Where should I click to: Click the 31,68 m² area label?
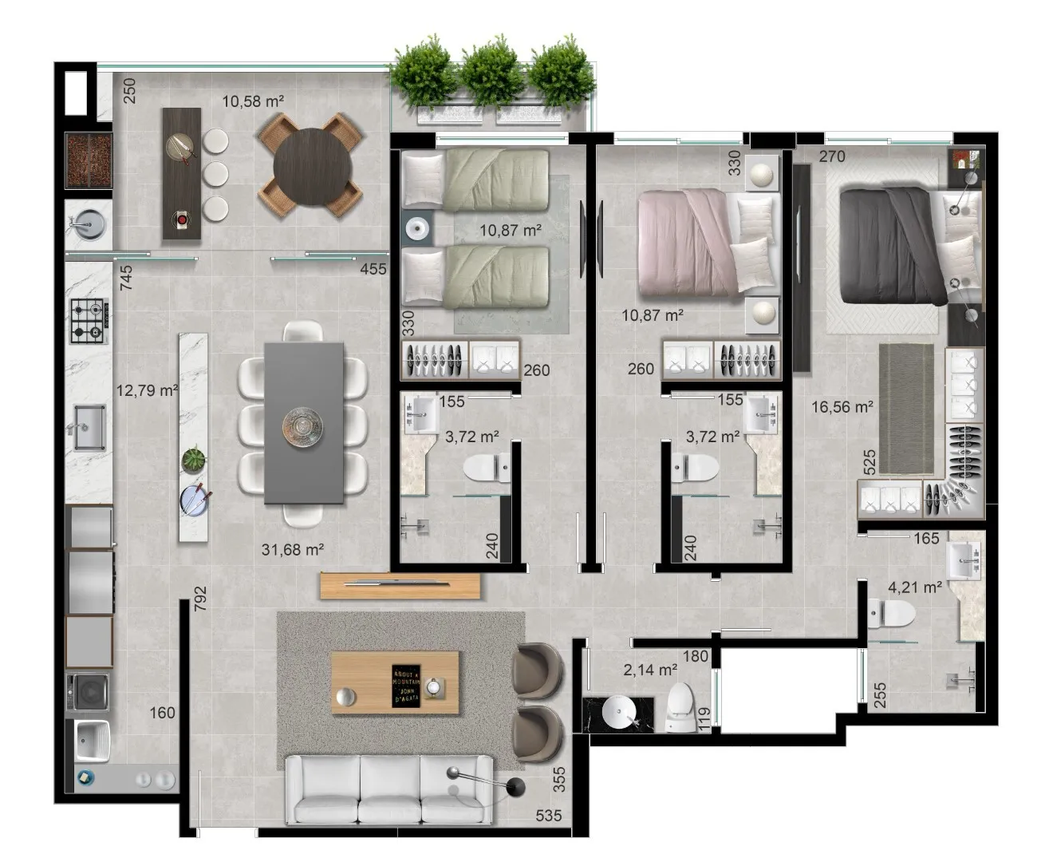(292, 550)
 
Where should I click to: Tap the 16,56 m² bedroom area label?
(842, 407)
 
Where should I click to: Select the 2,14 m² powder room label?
(650, 670)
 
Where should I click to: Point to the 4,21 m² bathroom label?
(915, 587)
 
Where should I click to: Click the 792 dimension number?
(201, 599)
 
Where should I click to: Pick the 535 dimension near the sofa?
(549, 816)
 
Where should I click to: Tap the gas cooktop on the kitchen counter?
(89, 321)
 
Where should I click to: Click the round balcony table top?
(312, 167)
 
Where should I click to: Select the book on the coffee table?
(406, 686)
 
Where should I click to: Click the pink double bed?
(708, 242)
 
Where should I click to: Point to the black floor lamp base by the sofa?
(516, 787)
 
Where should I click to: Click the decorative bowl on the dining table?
(302, 426)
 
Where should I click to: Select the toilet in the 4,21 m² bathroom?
(891, 613)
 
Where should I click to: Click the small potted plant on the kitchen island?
(194, 459)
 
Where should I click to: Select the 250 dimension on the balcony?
(129, 91)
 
